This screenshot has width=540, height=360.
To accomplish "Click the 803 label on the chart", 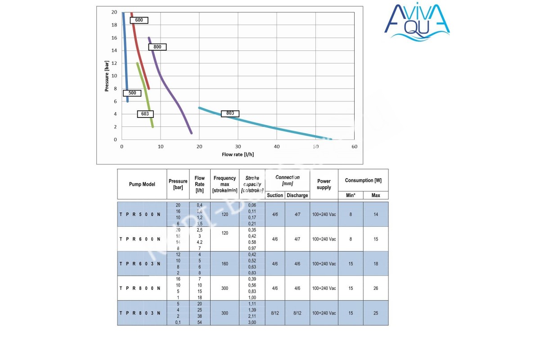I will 230,113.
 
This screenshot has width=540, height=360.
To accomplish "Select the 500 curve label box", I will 132,93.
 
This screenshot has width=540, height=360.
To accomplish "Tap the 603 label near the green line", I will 145,114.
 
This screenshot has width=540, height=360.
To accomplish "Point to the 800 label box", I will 157,47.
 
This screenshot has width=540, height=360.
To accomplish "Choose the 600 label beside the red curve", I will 139,20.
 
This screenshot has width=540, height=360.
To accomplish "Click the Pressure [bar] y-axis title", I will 107,76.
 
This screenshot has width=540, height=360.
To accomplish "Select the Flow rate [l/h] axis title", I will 238,154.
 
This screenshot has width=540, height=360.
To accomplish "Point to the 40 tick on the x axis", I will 277,147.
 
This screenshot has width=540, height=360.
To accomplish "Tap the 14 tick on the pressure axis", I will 114,50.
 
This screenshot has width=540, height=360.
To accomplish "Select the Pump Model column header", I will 142,184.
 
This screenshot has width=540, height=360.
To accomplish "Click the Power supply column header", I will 324,184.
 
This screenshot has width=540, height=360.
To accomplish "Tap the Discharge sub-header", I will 297,195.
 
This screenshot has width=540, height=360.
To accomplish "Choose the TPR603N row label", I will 140,264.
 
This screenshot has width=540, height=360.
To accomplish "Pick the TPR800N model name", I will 140,288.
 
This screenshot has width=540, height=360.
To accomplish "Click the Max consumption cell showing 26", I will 375,288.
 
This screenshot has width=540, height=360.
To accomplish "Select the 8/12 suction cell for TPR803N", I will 275,313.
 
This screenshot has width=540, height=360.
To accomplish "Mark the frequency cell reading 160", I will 225,264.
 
